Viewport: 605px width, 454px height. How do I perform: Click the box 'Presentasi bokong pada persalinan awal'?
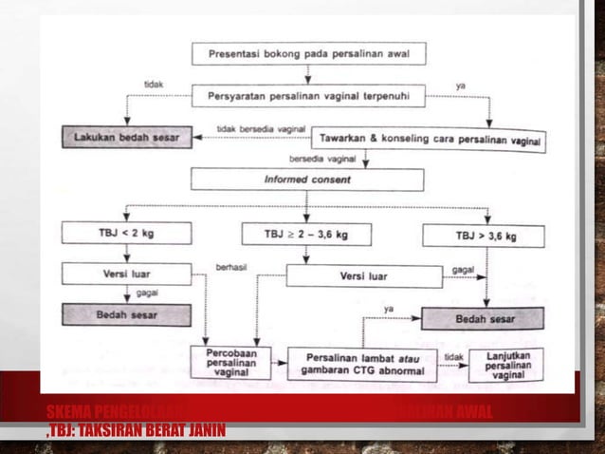[x=308, y=53]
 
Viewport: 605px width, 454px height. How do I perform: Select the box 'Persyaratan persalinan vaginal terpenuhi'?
[x=308, y=95]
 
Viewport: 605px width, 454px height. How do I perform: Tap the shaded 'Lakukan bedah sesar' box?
[x=127, y=136]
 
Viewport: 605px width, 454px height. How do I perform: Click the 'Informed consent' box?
[x=306, y=179]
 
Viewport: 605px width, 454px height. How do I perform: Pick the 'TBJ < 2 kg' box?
[x=126, y=233]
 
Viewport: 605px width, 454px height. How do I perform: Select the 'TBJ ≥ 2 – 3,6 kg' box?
[x=305, y=234]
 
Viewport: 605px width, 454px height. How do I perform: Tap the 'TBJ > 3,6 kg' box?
[x=483, y=236]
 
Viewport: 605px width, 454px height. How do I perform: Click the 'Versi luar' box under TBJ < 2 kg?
[x=126, y=274]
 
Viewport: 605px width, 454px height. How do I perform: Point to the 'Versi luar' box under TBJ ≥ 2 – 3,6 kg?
[x=364, y=276]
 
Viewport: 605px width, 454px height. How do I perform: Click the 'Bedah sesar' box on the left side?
[x=126, y=313]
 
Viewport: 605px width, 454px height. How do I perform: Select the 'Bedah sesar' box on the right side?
[x=483, y=318]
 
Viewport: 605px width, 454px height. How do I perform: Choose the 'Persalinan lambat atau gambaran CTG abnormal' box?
[x=362, y=364]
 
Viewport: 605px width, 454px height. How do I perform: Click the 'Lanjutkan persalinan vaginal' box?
[x=506, y=365]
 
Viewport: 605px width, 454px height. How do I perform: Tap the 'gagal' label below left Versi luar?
[x=148, y=293]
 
